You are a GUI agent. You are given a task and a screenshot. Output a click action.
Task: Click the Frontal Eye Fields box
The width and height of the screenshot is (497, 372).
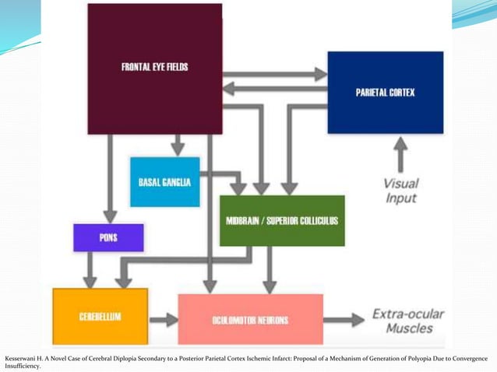[x=154, y=68]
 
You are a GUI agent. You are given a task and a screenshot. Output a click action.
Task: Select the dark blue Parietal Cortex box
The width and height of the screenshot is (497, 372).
[x=385, y=93]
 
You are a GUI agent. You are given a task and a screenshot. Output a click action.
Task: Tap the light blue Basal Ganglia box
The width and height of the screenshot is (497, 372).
[x=164, y=181]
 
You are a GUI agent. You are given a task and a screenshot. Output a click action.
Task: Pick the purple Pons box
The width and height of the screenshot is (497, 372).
[x=108, y=237]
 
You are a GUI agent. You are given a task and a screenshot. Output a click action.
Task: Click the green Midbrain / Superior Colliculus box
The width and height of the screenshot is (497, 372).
[x=281, y=220]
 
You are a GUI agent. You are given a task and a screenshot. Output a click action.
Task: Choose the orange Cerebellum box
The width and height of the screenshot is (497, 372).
[x=100, y=316]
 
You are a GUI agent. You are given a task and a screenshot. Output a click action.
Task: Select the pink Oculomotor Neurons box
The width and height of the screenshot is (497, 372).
[x=250, y=319]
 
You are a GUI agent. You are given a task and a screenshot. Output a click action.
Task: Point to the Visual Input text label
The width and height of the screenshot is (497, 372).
[x=400, y=191]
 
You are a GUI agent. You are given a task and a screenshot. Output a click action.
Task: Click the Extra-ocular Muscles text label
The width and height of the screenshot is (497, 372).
[x=407, y=321]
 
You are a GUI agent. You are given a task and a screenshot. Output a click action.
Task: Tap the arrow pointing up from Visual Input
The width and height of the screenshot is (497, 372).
[x=400, y=154]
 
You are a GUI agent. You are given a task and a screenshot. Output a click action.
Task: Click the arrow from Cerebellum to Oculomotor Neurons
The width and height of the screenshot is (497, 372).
[x=163, y=319]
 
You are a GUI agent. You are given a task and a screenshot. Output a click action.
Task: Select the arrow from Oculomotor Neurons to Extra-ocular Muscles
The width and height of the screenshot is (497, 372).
[x=344, y=319]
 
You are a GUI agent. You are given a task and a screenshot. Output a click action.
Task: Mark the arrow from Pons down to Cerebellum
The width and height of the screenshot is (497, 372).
[x=90, y=269]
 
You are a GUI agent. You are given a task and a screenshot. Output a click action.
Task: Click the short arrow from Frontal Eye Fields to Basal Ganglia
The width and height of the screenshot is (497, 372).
[x=178, y=145]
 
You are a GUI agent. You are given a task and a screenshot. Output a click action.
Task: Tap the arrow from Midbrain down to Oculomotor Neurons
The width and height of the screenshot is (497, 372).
[x=270, y=269]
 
